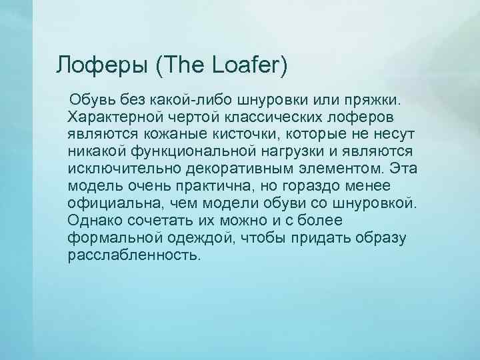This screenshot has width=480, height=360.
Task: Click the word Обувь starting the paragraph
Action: tap(94, 100)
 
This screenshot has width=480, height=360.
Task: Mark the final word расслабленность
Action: tap(133, 255)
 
